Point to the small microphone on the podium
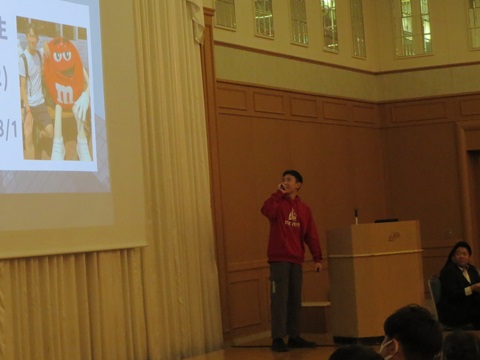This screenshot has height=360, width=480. pos(355,215)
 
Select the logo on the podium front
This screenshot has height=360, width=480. pos(394,237)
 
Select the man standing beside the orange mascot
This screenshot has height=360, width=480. pos(34,90)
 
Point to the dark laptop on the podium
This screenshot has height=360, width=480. pos(386,220)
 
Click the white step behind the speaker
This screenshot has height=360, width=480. pos(314,304)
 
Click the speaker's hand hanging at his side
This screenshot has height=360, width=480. pos(317,267)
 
